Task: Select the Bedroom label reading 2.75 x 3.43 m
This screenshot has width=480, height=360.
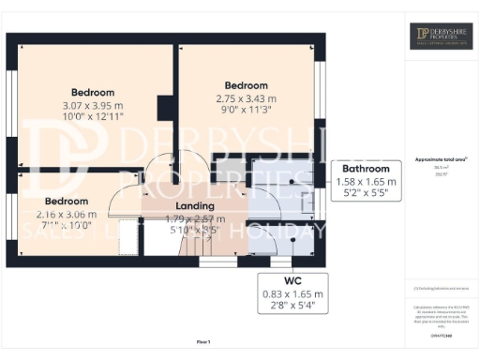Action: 247,85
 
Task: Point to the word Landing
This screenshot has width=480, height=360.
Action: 195,206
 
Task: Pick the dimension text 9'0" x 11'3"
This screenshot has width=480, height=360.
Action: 247,110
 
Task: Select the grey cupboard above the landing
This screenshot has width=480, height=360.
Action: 229,169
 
